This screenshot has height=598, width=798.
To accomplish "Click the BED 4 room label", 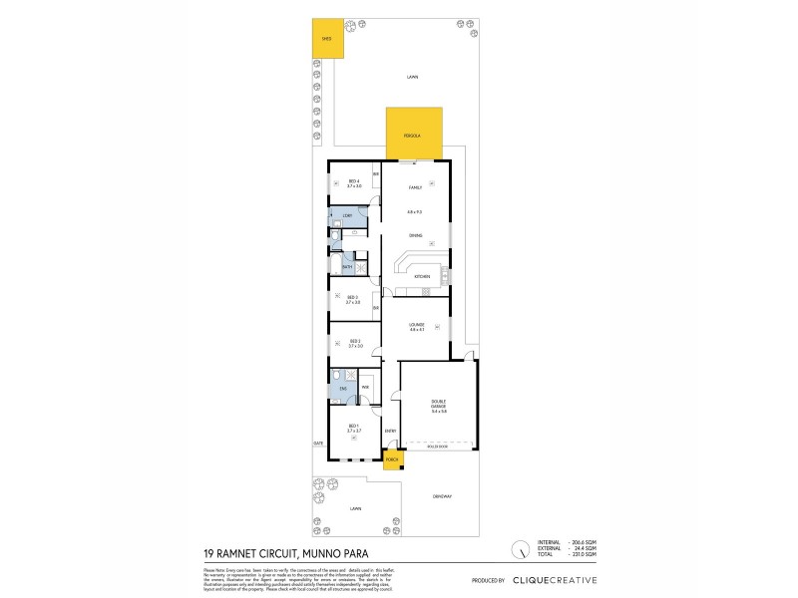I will pos(353,182).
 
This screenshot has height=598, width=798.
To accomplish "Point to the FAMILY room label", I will pos(415,186).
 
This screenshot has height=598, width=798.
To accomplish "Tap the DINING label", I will pos(415,235).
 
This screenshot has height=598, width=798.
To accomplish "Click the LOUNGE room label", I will pos(416,325).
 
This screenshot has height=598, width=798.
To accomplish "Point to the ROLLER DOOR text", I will pos(437,448).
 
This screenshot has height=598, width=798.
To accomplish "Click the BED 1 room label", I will pos(353,427).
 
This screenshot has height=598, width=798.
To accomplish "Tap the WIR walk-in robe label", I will pos(366,387).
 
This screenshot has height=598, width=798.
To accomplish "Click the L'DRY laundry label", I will pos(347,215).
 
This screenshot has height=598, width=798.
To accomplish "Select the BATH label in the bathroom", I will pos(347,267).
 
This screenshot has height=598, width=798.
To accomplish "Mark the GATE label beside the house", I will pos(318,443).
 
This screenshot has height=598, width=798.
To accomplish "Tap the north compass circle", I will pos(519,549).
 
